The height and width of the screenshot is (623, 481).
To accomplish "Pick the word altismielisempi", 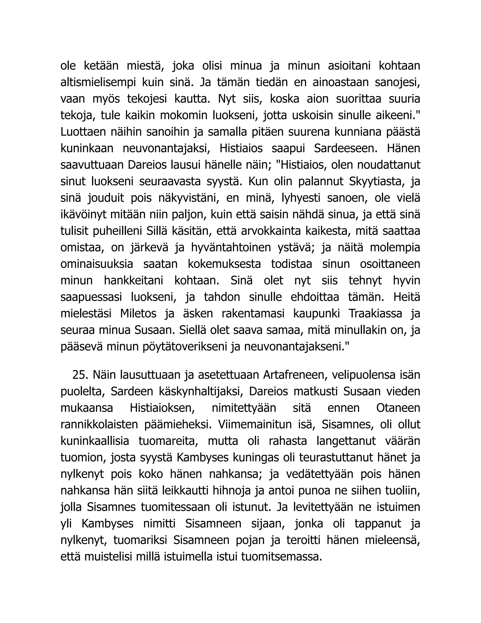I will [98, 83].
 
